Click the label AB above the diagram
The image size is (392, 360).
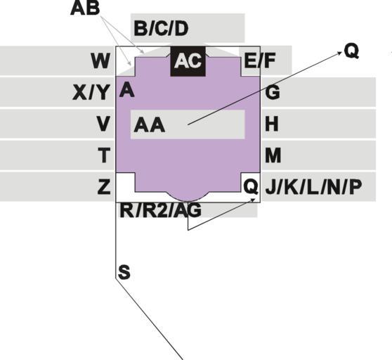point(85,8)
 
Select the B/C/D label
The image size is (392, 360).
point(161,28)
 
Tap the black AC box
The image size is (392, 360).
point(188,61)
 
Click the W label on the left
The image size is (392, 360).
point(100,60)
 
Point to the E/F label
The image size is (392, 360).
point(260,60)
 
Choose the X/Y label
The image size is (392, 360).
point(91,92)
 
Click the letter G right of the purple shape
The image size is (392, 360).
point(273,92)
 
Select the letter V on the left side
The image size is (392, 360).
point(103,124)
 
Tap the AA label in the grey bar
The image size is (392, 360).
point(150,125)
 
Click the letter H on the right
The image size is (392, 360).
point(271,124)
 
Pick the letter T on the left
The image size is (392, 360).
point(104,155)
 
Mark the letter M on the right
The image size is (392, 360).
point(273,155)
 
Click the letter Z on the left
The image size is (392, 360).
point(104,186)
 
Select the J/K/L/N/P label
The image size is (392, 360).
point(313,187)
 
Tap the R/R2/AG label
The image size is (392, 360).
point(160,210)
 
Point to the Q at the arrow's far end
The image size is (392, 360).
point(351,51)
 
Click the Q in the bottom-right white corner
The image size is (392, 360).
point(251,187)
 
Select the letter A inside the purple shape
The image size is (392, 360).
point(127,89)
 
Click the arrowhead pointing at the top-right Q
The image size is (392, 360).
point(340,53)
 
